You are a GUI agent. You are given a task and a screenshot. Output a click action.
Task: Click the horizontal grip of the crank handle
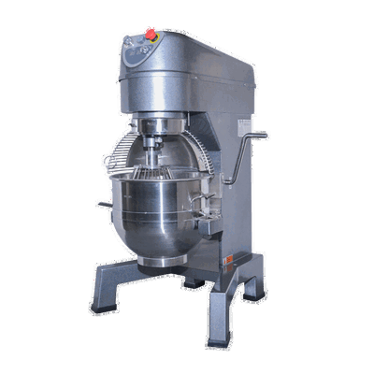[259, 137]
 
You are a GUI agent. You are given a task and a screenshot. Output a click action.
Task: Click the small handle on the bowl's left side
[99, 204]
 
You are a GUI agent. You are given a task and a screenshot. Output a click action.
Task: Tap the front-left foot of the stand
[105, 301]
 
